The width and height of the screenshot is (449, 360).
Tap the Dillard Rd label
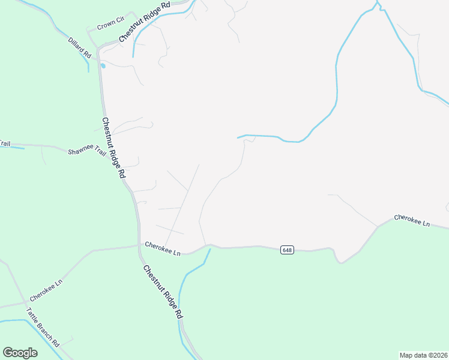[x=79, y=47]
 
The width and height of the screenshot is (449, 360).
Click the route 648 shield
[x=287, y=250]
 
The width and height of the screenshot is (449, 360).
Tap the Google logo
[x=20, y=353]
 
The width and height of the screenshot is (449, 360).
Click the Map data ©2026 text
[x=423, y=355]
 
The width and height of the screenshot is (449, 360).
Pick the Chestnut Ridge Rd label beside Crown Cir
[x=144, y=22]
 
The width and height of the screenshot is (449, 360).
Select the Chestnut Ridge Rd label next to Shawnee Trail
[x=113, y=147]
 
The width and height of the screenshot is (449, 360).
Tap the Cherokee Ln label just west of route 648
[x=163, y=248]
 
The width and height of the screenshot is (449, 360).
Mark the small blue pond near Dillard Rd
[x=103, y=65]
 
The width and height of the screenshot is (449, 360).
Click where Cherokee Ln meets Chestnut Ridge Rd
[x=139, y=245]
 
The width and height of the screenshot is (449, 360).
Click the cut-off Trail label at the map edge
[x=5, y=143]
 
